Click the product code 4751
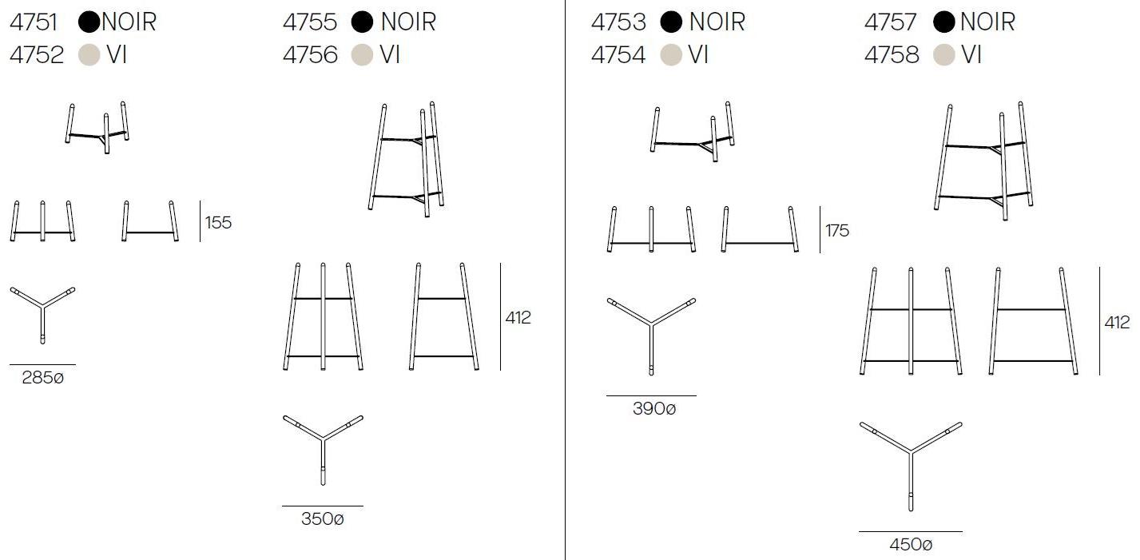coord(34,22)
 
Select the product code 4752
coord(37,54)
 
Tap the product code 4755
coord(310,22)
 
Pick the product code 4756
coord(310,54)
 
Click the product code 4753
coord(618,22)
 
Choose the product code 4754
coord(618,54)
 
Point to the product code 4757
coord(891,22)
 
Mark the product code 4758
coord(892,54)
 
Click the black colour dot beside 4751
coord(89,22)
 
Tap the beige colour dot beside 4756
coord(363,54)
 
